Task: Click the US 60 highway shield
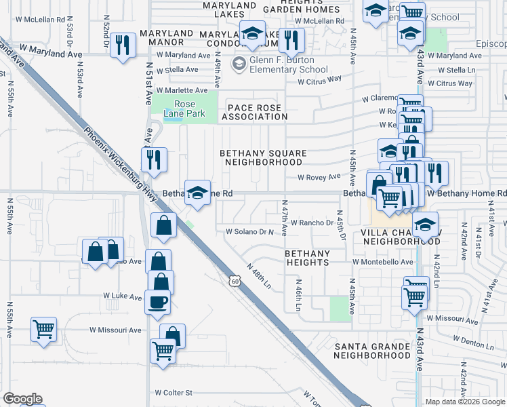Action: [235, 279]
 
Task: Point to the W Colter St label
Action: [174, 392]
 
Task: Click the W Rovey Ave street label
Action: [319, 177]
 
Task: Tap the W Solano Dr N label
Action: [249, 231]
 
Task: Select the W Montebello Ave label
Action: [382, 261]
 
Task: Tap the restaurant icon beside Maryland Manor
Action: [123, 45]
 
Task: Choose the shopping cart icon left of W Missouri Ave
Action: [44, 330]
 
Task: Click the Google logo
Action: [22, 399]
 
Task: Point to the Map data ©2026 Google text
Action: [465, 402]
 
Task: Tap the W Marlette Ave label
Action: [182, 90]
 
